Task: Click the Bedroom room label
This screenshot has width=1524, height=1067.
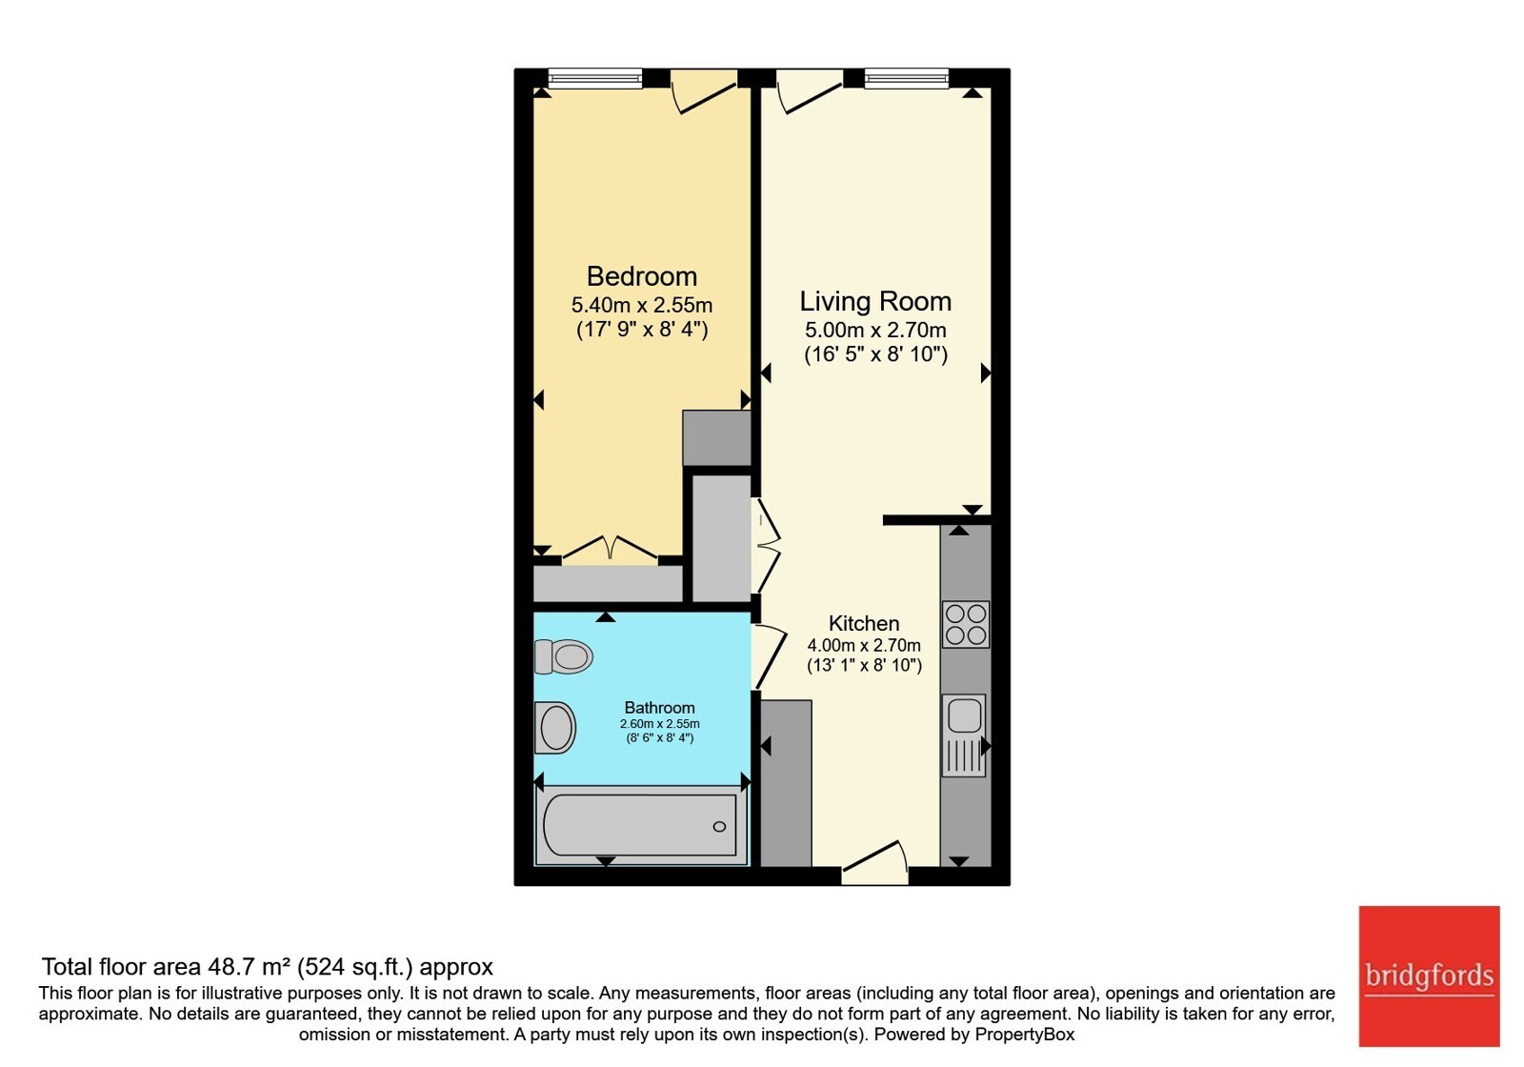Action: [642, 276]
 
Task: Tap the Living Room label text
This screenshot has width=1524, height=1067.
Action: [875, 301]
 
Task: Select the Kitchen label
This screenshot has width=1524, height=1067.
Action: [863, 623]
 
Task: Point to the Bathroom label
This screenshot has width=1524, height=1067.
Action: [659, 708]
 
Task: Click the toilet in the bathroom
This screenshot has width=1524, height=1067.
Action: [563, 656]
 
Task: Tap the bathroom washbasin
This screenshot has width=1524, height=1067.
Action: [555, 728]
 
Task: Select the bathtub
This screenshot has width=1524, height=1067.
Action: [640, 825]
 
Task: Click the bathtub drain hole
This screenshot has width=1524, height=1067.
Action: [719, 827]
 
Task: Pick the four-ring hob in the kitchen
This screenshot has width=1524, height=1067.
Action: [966, 624]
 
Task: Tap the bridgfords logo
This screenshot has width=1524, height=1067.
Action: [1430, 976]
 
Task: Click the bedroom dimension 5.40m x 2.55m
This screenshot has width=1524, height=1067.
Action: [642, 304]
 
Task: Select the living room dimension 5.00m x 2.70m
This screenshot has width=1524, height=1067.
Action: [875, 330]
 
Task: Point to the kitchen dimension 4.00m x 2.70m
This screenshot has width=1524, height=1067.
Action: [864, 645]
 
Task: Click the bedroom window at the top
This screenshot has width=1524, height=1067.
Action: [595, 78]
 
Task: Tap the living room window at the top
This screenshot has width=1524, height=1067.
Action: [906, 78]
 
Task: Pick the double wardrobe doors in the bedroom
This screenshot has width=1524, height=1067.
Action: [611, 549]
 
